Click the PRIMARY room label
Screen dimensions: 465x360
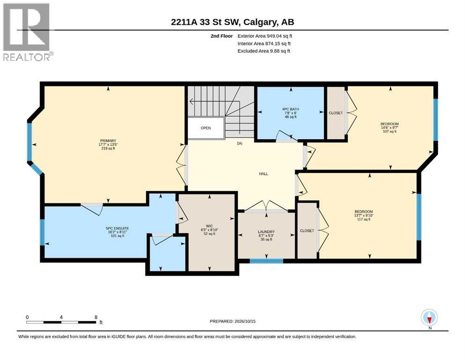108,141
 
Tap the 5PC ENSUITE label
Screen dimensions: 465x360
118,228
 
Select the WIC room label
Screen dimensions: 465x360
209,226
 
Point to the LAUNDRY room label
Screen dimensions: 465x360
266,232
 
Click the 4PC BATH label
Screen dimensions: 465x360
291,109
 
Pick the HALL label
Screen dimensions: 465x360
263,174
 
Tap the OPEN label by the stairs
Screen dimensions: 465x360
206,128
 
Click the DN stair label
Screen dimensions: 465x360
240,143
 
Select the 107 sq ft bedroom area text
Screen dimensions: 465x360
390,131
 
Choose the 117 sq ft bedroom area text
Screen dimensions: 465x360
364,219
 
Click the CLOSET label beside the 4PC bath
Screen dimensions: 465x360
336,113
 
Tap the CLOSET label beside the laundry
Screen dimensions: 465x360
307,231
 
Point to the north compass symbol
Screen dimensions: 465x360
429,317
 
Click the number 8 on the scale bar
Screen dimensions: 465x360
96,317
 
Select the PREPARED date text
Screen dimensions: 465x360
232,321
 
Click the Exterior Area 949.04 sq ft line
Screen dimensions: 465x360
265,36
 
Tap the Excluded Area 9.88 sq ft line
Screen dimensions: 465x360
264,51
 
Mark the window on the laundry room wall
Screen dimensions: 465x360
266,261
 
